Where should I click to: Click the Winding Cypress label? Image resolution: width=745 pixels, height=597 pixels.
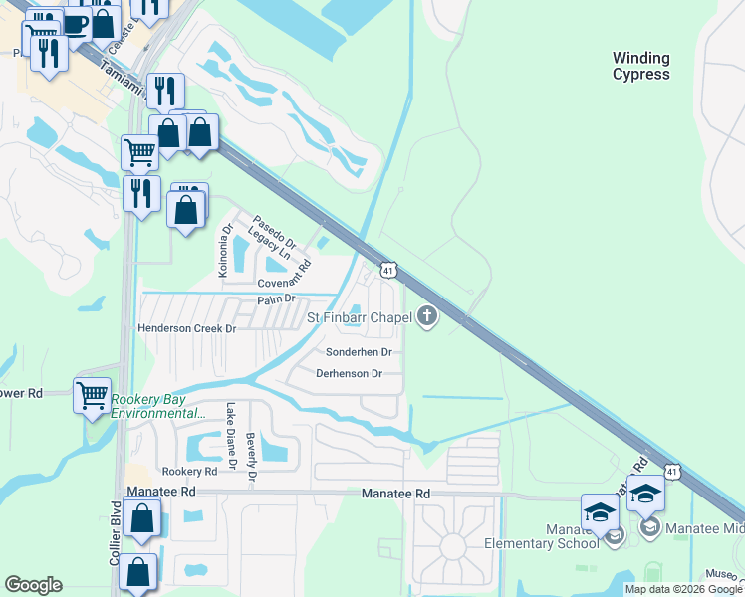[640, 67]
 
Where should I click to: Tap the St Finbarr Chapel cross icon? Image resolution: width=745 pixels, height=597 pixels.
[428, 317]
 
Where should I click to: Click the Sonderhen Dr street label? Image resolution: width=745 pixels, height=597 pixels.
[359, 352]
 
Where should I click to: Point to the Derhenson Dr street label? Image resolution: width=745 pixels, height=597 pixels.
[349, 374]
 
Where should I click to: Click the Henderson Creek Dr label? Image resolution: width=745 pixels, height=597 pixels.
[186, 328]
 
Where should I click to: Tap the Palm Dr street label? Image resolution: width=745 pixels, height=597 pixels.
[277, 298]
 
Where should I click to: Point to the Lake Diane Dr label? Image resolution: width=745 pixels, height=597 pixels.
[231, 435]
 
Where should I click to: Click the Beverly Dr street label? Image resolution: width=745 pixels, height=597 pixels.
[252, 459]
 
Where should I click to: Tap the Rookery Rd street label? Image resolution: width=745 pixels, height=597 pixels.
[189, 471]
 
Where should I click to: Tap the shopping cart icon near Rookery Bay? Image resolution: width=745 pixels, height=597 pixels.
[93, 395]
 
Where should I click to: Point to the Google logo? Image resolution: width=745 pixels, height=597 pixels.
[34, 585]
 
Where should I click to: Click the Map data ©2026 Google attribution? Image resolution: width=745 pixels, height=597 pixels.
[683, 589]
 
